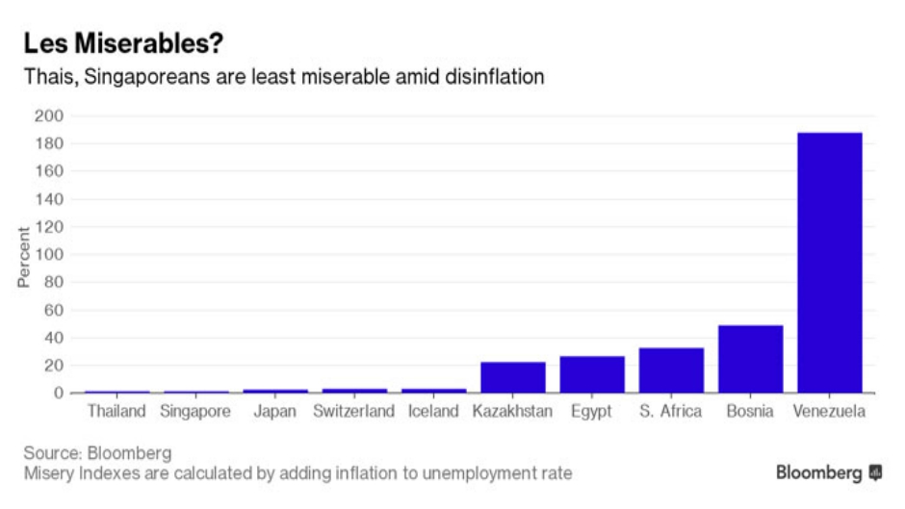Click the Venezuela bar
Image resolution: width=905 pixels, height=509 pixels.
pos(829,263)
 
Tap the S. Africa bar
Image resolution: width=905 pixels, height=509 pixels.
pos(671,370)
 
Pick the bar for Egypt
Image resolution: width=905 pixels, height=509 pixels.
pos(592,374)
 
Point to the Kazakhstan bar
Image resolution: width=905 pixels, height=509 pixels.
pos(512,377)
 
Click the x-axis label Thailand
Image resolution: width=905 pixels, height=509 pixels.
pos(116,412)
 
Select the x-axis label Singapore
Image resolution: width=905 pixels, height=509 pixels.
pos(195,412)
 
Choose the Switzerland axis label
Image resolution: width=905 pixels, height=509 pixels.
pos(353,412)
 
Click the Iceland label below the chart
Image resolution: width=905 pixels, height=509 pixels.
pos(432,412)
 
